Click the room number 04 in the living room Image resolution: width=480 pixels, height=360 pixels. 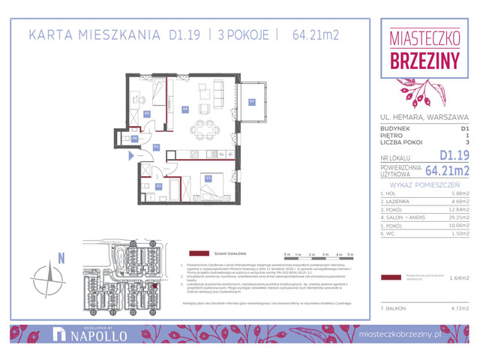point(184,109)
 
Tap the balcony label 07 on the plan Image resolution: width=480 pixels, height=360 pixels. point(252,101)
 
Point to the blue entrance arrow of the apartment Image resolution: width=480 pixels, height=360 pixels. point(130,156)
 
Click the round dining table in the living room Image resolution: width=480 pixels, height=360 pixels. point(201,126)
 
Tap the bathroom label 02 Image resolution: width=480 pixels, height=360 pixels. point(158,185)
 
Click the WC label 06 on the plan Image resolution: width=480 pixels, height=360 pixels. point(134,138)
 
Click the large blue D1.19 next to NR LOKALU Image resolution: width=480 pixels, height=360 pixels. point(454,155)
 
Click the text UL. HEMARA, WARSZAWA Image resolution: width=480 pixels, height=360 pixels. point(424,117)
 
